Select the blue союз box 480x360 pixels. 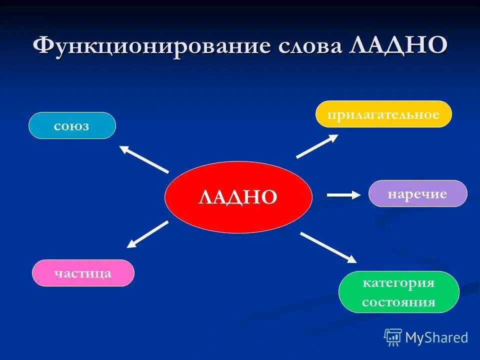[x=72, y=125]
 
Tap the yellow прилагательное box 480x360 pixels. [x=383, y=114]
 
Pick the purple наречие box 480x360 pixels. [x=417, y=193]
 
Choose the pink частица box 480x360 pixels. [x=83, y=273]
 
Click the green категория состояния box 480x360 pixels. [x=398, y=292]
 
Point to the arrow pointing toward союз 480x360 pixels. [x=143, y=158]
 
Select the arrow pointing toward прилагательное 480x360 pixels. [x=317, y=146]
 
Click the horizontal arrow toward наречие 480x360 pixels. [x=343, y=195]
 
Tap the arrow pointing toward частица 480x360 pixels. [x=147, y=234]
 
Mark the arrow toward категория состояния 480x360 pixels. [x=328, y=247]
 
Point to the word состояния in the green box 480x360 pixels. [x=398, y=302]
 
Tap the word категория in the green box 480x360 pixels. [x=398, y=283]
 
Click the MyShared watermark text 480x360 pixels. [x=436, y=337]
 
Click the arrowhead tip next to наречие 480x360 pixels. [x=358, y=195]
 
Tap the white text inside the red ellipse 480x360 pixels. [x=238, y=196]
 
